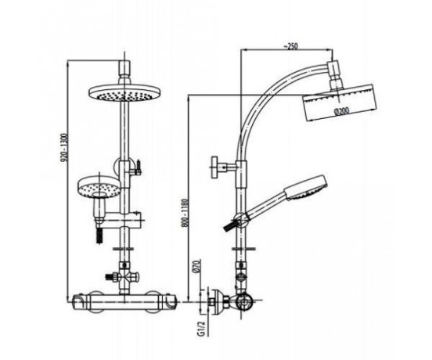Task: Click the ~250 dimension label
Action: click(290, 46)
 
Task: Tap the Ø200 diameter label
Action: click(341, 110)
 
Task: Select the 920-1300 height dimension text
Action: click(64, 148)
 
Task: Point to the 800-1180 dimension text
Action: click(185, 213)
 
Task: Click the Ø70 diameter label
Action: click(198, 266)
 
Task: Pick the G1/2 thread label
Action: click(201, 329)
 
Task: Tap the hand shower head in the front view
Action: click(99, 187)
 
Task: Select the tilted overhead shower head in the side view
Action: click(340, 103)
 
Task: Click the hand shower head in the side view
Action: click(306, 188)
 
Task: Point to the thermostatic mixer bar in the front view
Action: click(124, 302)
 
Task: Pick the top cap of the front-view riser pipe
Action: click(124, 68)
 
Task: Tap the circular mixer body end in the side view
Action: click(243, 301)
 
